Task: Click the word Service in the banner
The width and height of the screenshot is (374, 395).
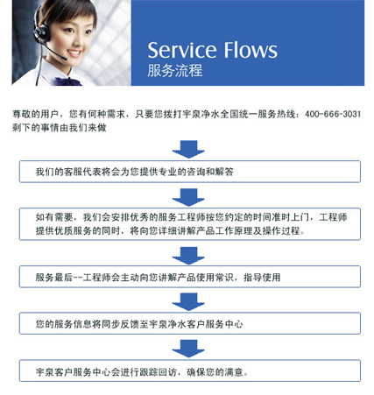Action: pyautogui.click(x=182, y=50)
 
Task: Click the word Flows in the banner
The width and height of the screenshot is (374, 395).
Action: pyautogui.click(x=251, y=50)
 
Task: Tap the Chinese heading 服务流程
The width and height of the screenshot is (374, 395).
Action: pyautogui.click(x=174, y=70)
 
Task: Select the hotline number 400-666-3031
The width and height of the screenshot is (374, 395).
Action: pyautogui.click(x=333, y=114)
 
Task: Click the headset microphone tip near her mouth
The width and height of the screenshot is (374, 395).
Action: pyautogui.click(x=64, y=58)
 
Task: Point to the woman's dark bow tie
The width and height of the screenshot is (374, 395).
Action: pyautogui.click(x=68, y=81)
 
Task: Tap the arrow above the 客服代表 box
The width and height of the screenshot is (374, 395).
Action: pyautogui.click(x=188, y=150)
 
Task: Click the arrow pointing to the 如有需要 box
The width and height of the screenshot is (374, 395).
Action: pyautogui.click(x=188, y=197)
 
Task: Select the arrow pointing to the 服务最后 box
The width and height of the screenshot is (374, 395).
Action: pyautogui.click(x=188, y=256)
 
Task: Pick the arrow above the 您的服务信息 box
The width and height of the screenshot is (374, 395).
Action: pyautogui.click(x=188, y=302)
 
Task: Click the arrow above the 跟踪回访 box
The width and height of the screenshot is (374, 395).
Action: pyautogui.click(x=188, y=349)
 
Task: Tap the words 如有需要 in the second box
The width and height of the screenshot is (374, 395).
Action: pyautogui.click(x=54, y=217)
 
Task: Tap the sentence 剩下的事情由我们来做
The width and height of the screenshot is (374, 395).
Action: pyautogui.click(x=60, y=128)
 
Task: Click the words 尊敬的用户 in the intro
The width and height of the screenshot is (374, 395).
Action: pyautogui.click(x=36, y=114)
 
